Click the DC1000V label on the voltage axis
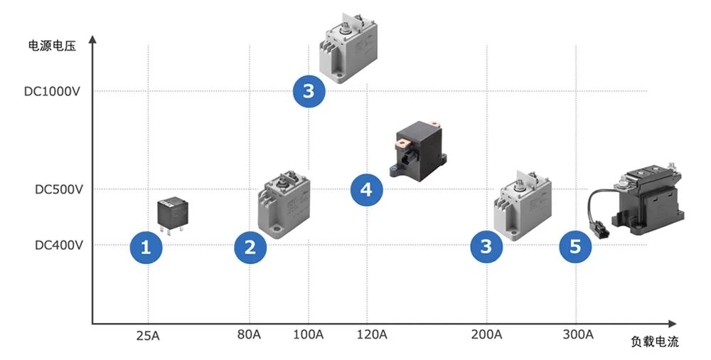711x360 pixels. pos(52,91)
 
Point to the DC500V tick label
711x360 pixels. pos(59,189)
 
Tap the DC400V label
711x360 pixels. pos(59,245)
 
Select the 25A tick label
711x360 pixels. pos(149,337)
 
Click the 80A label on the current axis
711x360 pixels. pos(249,335)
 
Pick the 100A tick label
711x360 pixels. pos(309,335)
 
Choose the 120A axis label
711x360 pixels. pos(372,335)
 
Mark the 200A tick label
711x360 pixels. pos(486,335)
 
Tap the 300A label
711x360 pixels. pos(578,335)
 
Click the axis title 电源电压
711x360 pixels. pos(52,46)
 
